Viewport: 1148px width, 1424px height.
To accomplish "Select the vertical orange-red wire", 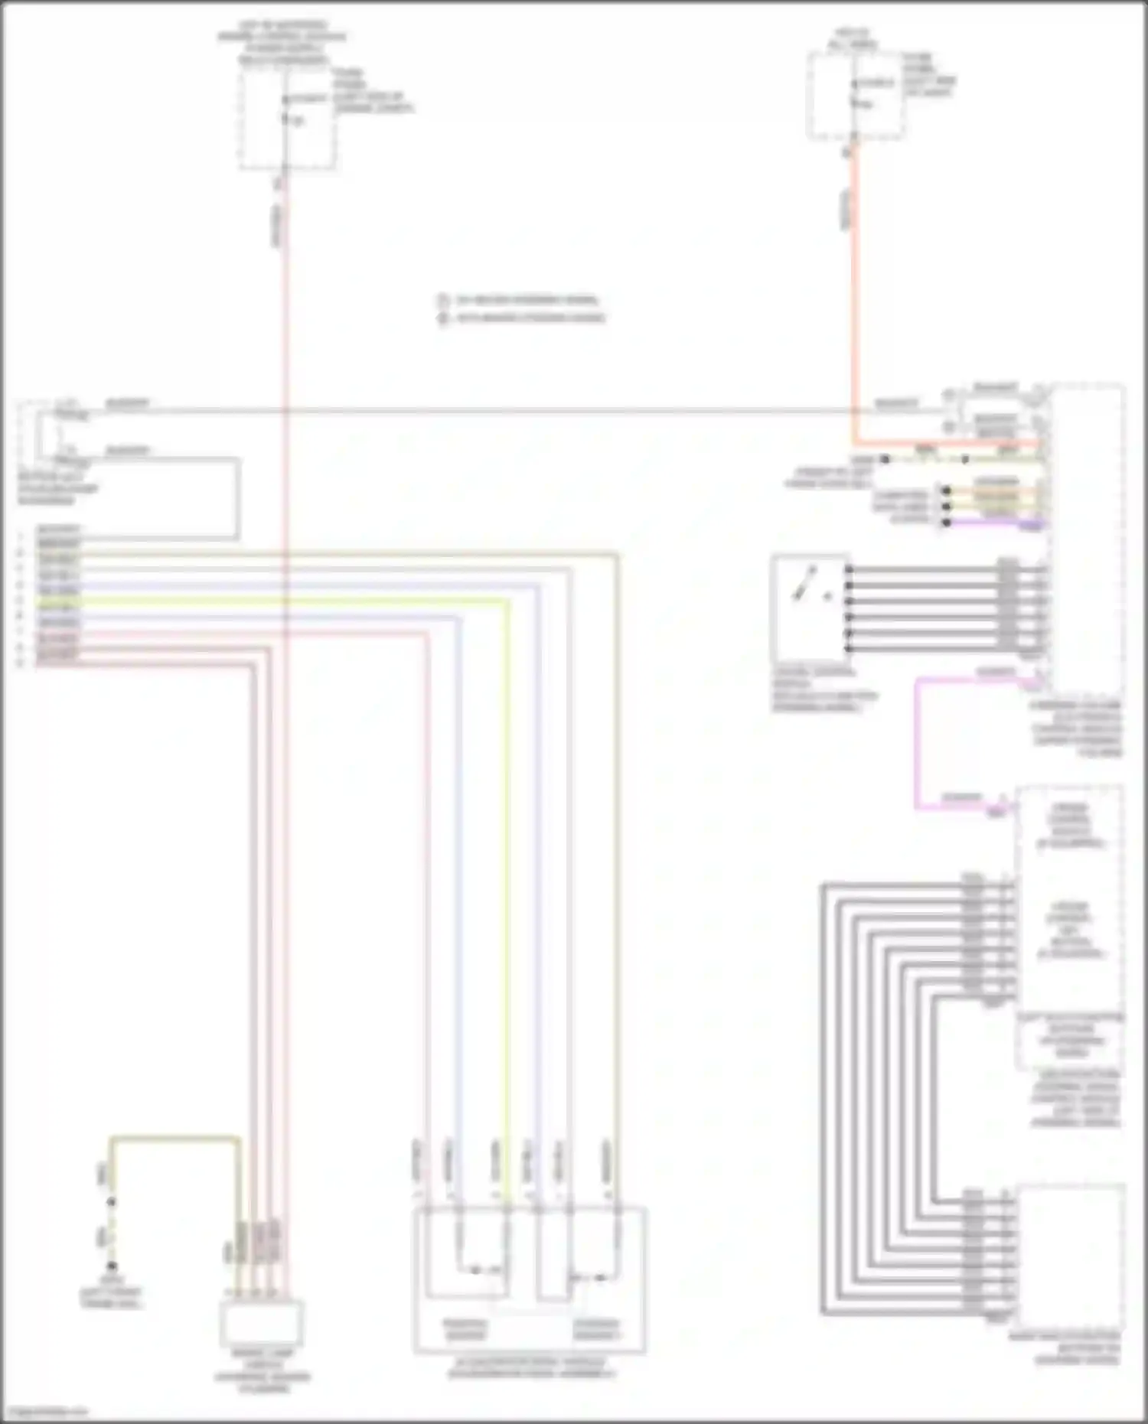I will pos(854,306).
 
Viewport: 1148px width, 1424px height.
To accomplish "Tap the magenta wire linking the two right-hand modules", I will pos(917,742).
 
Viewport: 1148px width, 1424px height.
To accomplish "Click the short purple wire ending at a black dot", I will pos(995,523).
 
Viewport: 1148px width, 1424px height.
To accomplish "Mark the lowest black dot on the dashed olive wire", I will pos(112,1266).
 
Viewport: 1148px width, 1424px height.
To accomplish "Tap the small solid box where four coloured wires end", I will pos(261,1322).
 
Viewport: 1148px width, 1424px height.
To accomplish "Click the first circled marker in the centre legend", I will pos(443,300).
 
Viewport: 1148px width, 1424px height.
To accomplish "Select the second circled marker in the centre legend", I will pos(443,318).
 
